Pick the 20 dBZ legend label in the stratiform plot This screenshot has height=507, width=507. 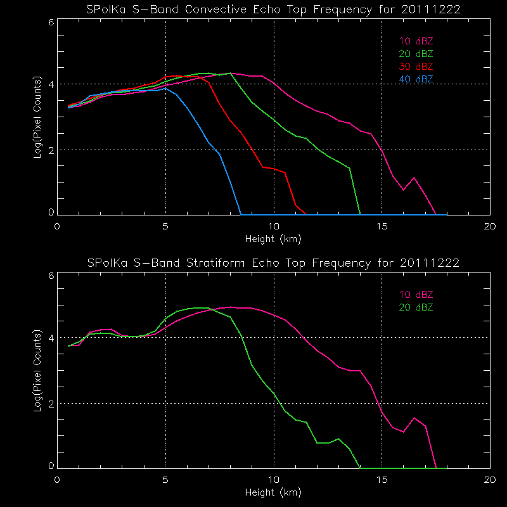point(416,307)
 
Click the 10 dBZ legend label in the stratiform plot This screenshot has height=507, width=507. point(416,295)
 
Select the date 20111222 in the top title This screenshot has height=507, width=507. point(430,10)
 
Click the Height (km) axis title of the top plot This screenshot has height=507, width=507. point(274,239)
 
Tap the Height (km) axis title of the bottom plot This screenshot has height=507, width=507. point(274,492)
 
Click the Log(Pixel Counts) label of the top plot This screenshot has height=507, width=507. point(39,117)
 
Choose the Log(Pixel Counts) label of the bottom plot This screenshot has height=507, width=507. point(39,371)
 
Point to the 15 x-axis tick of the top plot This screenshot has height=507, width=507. point(382,226)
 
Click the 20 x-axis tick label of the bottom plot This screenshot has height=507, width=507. point(489,480)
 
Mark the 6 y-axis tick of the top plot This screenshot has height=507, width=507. point(50,22)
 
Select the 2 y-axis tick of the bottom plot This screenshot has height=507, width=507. point(50,404)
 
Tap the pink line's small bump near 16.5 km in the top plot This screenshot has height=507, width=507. point(414,178)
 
